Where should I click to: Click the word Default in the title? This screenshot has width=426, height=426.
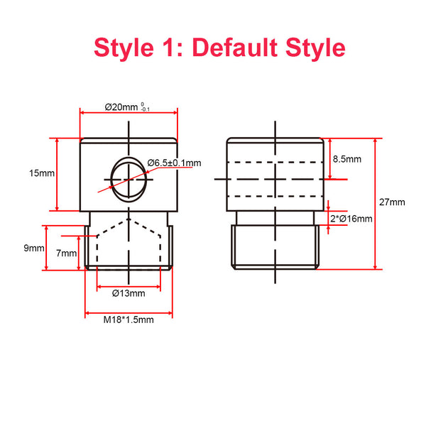(236, 48)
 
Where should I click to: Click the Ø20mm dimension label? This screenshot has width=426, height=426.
(121, 107)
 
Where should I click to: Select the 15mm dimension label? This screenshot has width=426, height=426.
(42, 173)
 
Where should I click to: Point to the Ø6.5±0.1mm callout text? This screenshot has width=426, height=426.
(175, 163)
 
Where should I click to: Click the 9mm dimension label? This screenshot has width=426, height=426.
(34, 248)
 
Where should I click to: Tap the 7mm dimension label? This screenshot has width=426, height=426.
(67, 253)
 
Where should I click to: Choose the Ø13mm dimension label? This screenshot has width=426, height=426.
(129, 293)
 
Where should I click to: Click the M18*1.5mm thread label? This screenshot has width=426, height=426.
(129, 319)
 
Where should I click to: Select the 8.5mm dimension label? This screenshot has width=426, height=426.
(347, 159)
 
